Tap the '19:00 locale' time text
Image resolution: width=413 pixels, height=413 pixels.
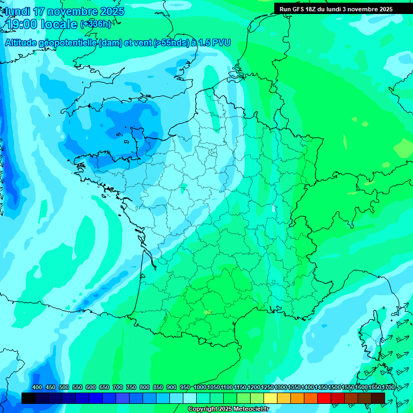[41, 24]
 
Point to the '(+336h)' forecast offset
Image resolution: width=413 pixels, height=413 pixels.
[95, 24]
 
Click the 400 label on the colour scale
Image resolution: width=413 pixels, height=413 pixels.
[37, 388]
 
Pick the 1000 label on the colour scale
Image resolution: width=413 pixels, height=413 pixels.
[200, 388]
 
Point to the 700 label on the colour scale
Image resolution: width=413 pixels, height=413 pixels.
[118, 388]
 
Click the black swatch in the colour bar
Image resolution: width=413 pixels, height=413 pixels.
[29, 398]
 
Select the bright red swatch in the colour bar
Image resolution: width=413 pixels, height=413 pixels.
[324, 398]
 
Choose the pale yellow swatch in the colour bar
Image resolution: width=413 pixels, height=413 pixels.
[270, 398]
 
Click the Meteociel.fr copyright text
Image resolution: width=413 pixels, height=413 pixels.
[228, 409]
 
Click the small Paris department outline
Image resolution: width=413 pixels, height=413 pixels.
[212, 152]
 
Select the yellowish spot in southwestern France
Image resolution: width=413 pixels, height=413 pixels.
[208, 312]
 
